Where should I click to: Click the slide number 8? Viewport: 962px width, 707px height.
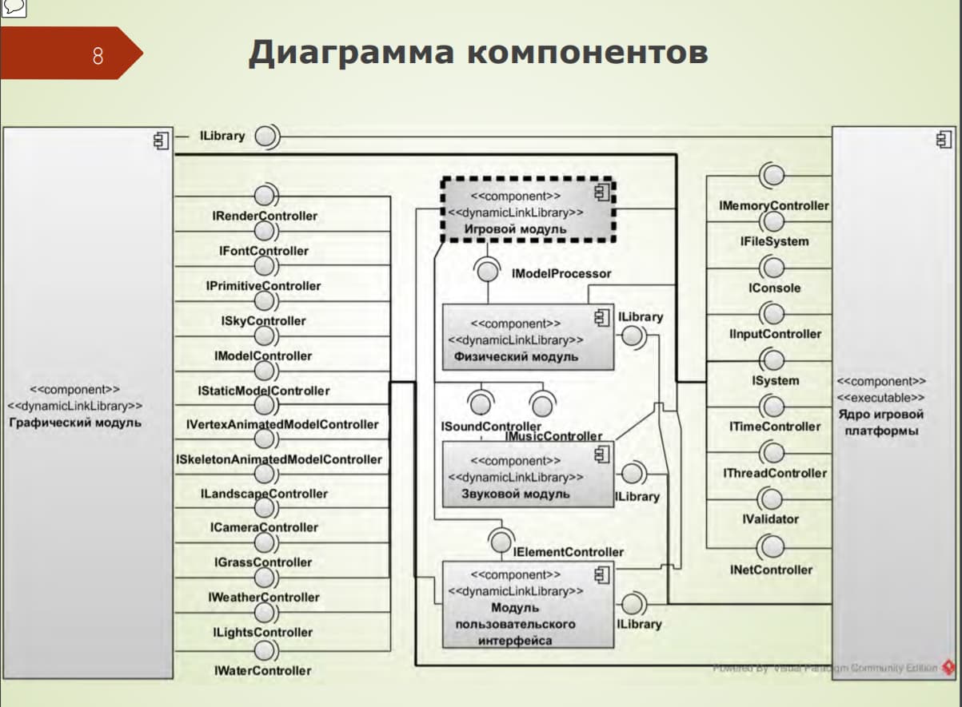(x=98, y=56)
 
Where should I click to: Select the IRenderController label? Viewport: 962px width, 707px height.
(x=265, y=216)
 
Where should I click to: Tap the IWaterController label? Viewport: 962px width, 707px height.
(x=262, y=670)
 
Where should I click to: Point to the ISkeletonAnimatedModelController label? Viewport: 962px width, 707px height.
(x=279, y=459)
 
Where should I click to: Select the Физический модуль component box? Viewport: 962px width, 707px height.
(x=528, y=338)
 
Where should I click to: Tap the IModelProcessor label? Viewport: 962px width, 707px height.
(x=561, y=273)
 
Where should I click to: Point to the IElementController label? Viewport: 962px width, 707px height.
(x=568, y=552)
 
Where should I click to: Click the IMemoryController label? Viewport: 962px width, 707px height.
(x=774, y=205)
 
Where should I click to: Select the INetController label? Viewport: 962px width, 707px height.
(x=771, y=570)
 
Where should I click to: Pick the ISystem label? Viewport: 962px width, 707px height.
(x=775, y=381)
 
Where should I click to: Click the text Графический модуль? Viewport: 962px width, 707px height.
(x=75, y=422)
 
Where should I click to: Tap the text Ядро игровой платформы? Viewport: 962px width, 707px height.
(x=880, y=423)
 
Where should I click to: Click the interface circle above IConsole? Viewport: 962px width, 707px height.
(x=773, y=266)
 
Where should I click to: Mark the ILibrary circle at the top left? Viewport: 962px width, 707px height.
(x=266, y=137)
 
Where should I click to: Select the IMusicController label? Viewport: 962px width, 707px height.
(x=553, y=436)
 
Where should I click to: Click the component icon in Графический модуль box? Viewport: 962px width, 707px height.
(x=161, y=141)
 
